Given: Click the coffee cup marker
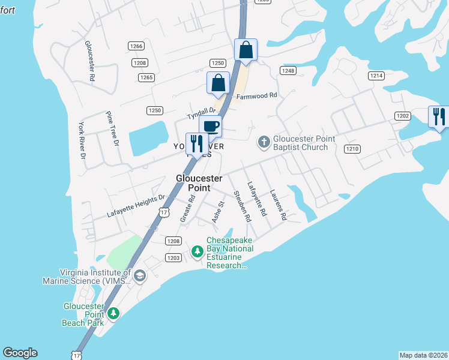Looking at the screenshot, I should click(210, 127).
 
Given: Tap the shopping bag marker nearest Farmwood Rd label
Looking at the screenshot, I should click(218, 83).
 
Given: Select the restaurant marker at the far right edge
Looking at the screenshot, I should click(438, 116).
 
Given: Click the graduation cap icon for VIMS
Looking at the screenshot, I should click(140, 275).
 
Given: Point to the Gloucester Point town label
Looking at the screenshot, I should click(199, 183).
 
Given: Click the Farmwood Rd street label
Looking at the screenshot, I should click(257, 95).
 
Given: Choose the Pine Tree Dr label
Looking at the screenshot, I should click(112, 128).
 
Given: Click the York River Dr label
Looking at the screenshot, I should click(82, 140).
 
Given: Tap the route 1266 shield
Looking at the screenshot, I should click(136, 46).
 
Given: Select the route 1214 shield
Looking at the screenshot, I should click(376, 76).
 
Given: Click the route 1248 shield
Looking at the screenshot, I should click(288, 71).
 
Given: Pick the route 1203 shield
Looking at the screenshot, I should click(173, 258).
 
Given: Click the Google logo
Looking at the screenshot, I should click(20, 353).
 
